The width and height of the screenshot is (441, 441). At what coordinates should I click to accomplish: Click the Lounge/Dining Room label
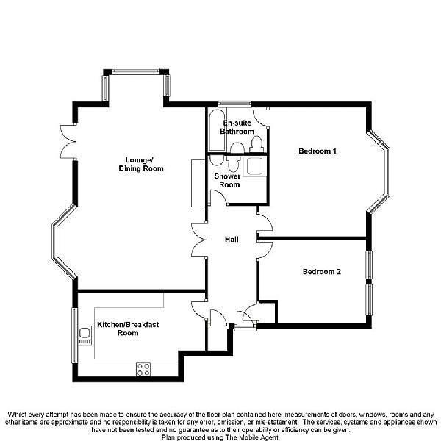141,165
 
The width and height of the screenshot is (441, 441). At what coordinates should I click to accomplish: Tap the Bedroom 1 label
318,151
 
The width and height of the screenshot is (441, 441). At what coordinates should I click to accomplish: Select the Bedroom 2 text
322,272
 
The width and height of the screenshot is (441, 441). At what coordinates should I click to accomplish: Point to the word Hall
232,240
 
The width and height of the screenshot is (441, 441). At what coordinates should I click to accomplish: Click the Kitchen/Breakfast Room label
128,329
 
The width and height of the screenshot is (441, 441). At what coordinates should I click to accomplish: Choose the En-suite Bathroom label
238,127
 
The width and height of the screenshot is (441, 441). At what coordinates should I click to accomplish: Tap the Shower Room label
227,180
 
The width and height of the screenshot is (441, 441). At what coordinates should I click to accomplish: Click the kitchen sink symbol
84,335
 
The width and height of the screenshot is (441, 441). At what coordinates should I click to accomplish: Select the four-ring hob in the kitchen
143,369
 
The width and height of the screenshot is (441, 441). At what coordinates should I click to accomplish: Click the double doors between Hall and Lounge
198,240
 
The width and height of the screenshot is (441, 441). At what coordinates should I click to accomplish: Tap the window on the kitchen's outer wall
73,334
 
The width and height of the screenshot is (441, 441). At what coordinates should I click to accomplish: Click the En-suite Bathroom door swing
262,117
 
